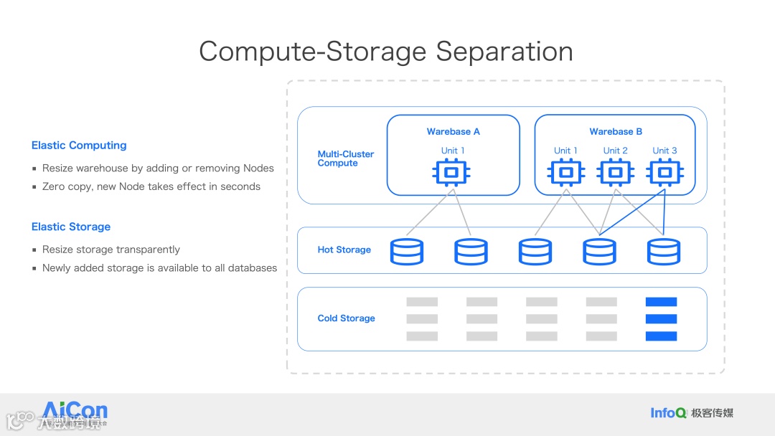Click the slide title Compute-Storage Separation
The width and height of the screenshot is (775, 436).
[x=386, y=52]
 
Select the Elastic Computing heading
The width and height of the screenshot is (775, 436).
[x=79, y=146]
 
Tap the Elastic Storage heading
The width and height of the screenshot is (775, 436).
[x=71, y=227]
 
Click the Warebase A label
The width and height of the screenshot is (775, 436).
[x=453, y=132]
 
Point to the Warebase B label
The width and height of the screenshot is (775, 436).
[x=616, y=132]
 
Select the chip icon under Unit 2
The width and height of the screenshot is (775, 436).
[x=615, y=173]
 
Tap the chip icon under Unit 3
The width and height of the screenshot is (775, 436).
[x=664, y=173]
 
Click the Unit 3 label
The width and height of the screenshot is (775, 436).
[x=664, y=151]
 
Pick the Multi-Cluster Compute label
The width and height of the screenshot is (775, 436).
[x=345, y=158]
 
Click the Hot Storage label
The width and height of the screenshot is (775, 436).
[x=344, y=250]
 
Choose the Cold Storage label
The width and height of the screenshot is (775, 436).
[x=346, y=318]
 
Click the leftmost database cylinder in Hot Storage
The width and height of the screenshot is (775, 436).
[x=407, y=252]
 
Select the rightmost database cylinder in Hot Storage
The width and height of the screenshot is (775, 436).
[x=664, y=252]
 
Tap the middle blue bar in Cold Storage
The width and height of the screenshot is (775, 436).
[x=661, y=319]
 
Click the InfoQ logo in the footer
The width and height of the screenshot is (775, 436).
[x=668, y=412]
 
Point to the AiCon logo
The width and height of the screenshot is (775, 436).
[x=75, y=412]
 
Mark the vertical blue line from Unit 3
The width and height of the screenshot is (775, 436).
[x=664, y=212]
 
